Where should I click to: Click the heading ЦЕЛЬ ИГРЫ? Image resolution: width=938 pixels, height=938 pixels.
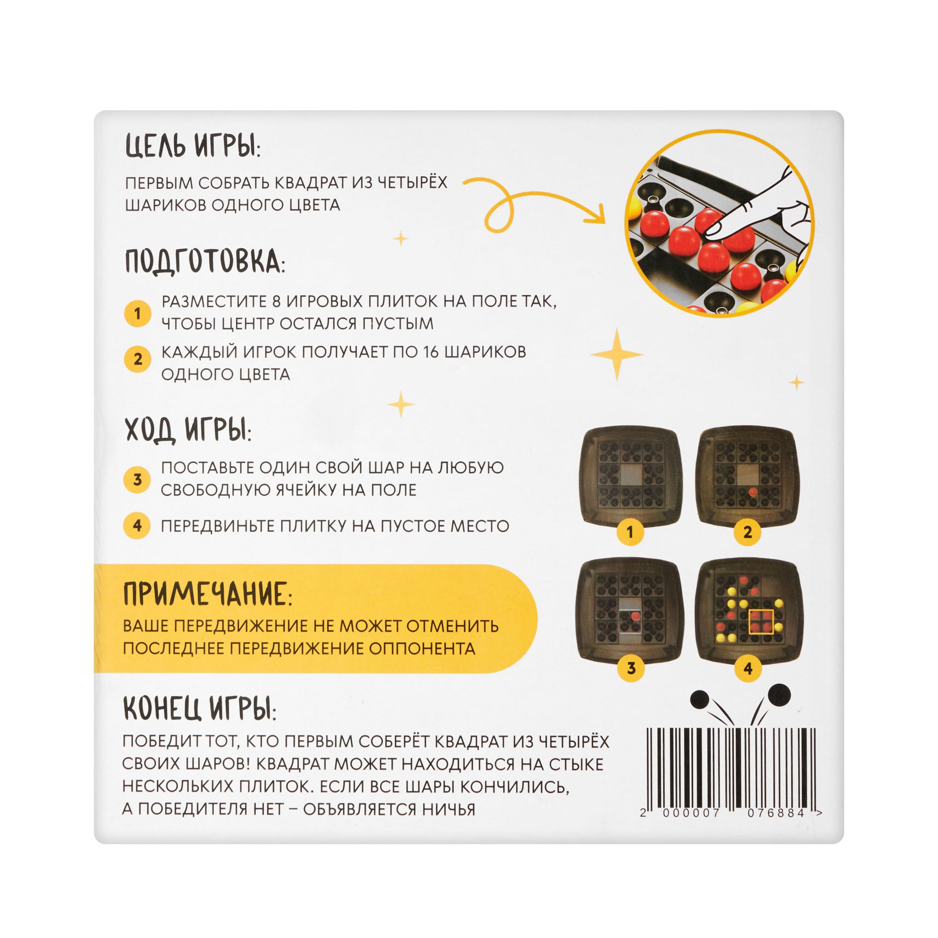tap(193, 145)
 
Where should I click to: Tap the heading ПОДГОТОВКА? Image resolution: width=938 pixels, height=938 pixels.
tap(205, 262)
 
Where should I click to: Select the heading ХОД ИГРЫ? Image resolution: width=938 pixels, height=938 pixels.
tap(189, 429)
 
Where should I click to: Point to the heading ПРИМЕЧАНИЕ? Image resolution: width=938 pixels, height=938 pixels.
tap(208, 594)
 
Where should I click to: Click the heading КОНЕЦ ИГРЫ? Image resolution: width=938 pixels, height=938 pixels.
tap(199, 709)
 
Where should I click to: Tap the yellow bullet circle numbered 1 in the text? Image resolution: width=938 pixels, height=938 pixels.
tap(137, 313)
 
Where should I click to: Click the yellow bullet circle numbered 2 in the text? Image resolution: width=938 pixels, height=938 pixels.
tap(137, 359)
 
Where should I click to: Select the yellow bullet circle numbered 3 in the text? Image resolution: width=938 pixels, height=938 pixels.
tap(137, 479)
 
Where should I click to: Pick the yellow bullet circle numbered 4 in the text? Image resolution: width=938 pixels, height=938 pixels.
tap(137, 525)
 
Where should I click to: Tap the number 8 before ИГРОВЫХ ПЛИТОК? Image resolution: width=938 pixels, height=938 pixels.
tap(276, 302)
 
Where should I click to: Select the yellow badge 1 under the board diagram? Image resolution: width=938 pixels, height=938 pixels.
tap(630, 532)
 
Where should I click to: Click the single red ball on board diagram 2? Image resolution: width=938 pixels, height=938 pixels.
tap(751, 492)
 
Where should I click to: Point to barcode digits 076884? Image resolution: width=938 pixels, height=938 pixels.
tap(776, 813)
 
